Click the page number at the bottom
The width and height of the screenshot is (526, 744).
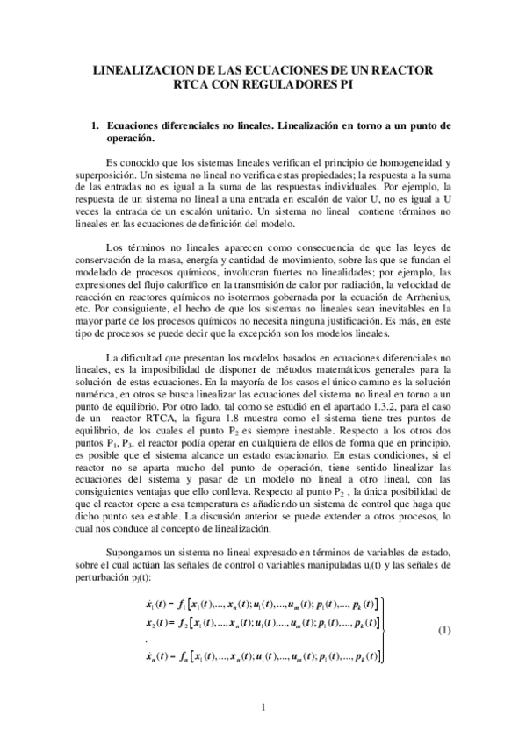tap(263, 708)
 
